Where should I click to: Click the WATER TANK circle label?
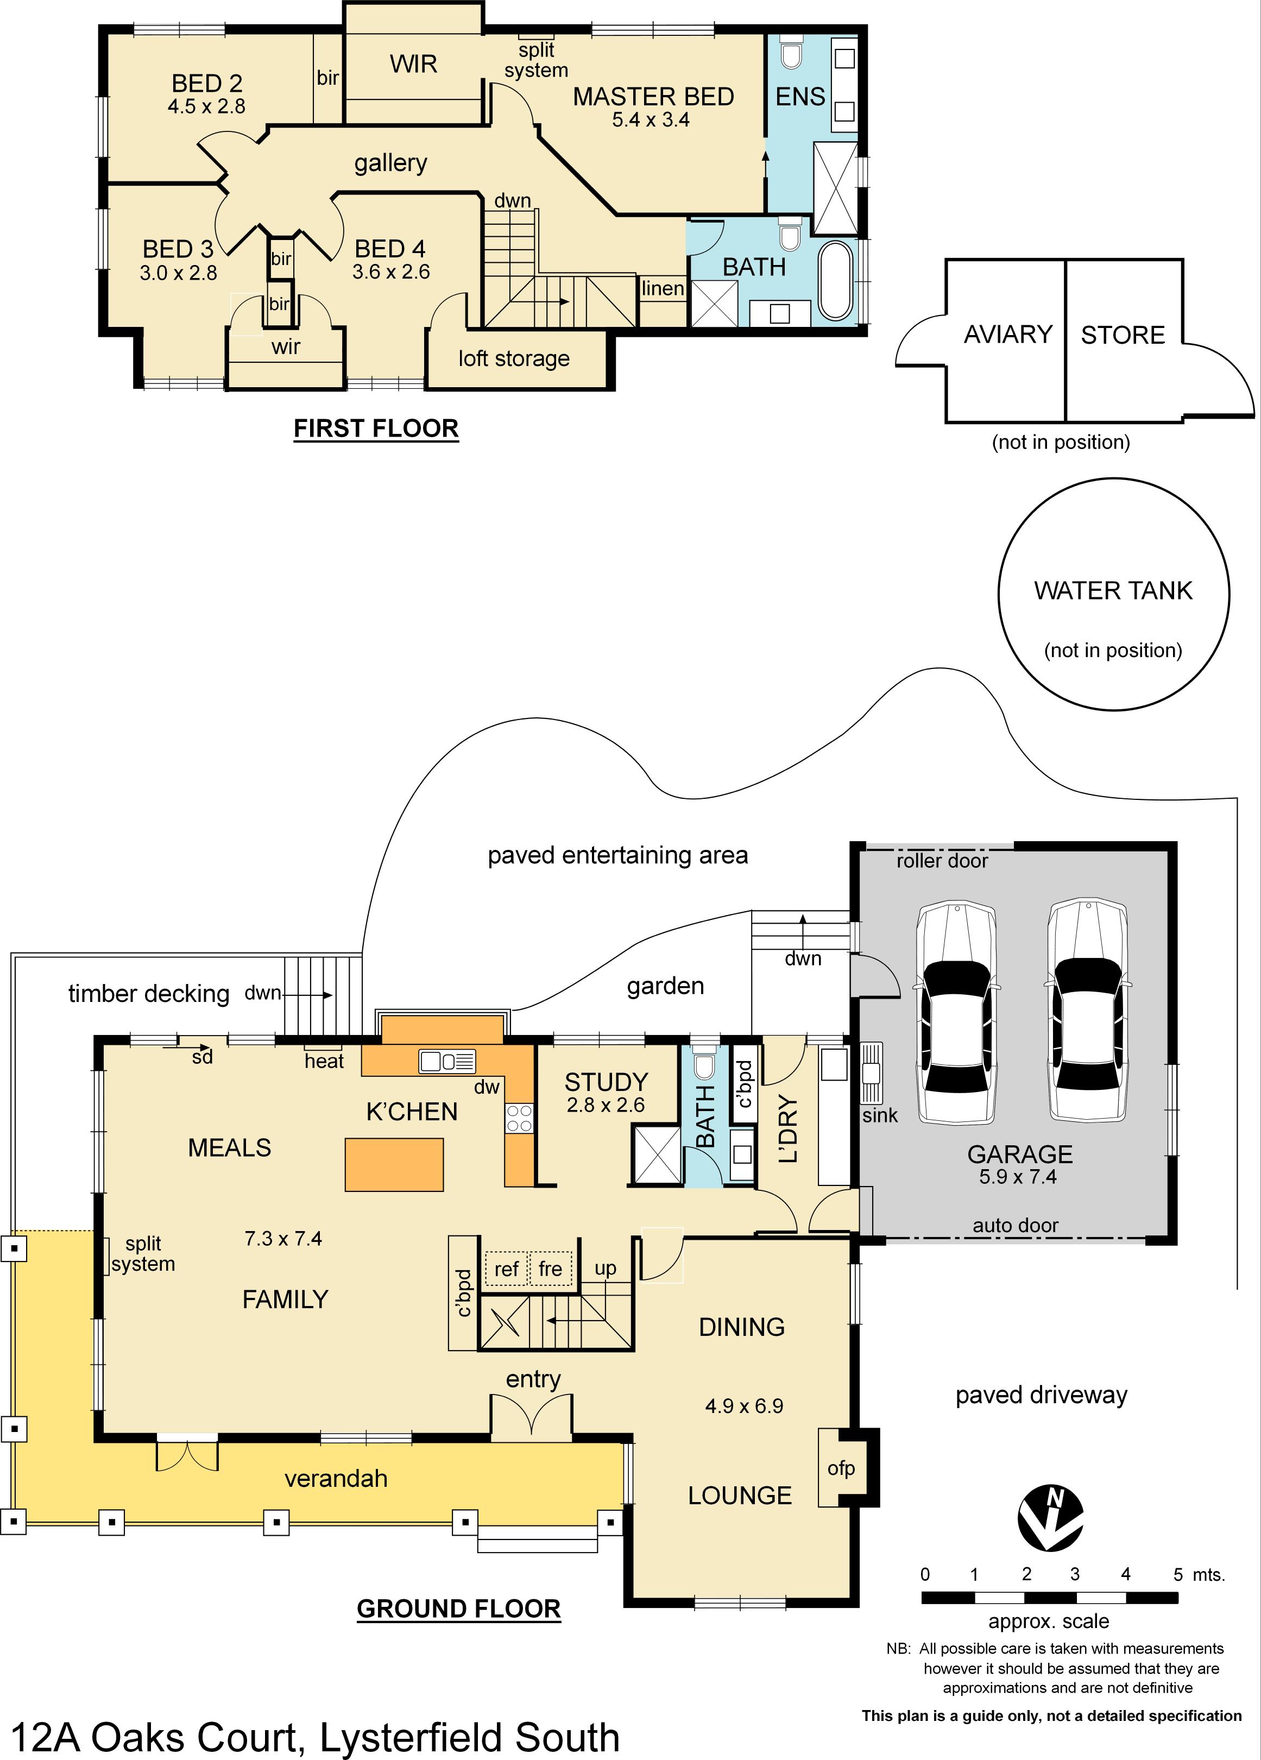coord(1112,591)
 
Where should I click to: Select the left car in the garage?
coord(956,1013)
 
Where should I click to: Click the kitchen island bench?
coord(394,1164)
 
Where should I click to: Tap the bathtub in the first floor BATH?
coord(835,281)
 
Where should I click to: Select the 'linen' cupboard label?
coord(663,289)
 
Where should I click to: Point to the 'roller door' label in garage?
coord(942,861)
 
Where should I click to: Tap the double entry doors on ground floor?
coord(532,1415)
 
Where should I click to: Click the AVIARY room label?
coord(1008,335)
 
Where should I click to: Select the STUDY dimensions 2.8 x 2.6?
coord(606,1105)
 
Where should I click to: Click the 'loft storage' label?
coord(514,358)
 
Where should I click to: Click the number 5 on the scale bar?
coord(1177,1574)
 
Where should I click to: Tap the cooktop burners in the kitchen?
coord(519,1118)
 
